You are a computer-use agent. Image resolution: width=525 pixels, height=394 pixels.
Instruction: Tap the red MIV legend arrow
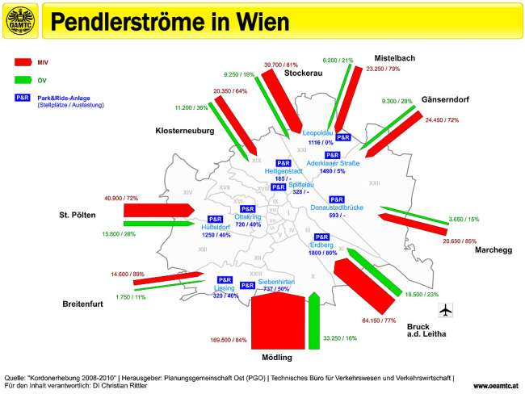pos(23,61)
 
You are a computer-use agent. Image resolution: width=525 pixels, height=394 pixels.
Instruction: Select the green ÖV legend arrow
pos(23,80)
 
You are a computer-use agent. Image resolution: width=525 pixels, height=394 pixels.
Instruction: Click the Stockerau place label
pos(303,73)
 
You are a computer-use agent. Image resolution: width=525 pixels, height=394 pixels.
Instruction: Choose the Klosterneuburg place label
pos(184,130)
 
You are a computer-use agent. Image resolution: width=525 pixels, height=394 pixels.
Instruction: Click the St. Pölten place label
pos(78,216)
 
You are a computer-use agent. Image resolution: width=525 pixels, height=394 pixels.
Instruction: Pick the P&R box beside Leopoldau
pos(343,137)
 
